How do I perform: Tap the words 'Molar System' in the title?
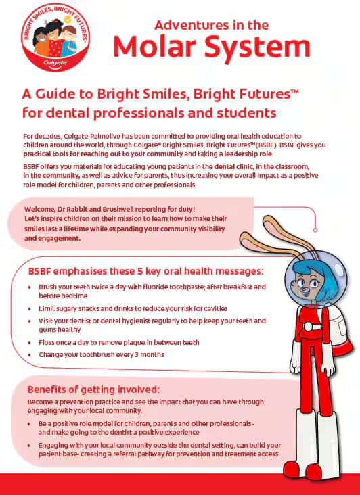(211, 47)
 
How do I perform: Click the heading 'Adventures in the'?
(212, 24)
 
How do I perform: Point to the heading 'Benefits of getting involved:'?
(93, 390)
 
